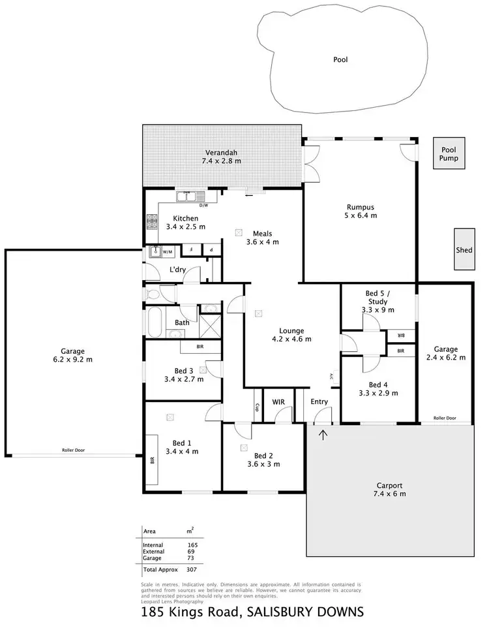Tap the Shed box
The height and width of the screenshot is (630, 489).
point(464,250)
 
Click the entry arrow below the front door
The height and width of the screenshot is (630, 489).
point(323,433)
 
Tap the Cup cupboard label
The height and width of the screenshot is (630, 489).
point(259,408)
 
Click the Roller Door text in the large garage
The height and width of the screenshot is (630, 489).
point(74,450)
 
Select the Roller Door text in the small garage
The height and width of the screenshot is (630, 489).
point(445,418)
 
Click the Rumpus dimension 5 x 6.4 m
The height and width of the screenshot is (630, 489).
point(359,215)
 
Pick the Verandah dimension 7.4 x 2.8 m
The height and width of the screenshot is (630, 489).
point(221,161)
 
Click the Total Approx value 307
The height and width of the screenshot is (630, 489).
point(192,569)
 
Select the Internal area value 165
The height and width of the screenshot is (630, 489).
point(192,544)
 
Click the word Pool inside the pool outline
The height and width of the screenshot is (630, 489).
point(340,59)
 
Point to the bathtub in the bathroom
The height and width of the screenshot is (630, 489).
point(156,323)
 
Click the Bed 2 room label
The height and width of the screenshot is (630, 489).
point(263,456)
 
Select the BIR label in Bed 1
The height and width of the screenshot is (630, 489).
point(152,460)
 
